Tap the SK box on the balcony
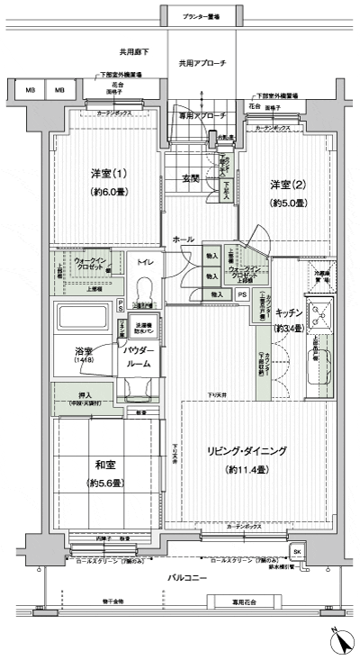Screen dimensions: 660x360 pyautogui.click(x=295, y=552)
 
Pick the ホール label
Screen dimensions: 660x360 pyautogui.click(x=184, y=239)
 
